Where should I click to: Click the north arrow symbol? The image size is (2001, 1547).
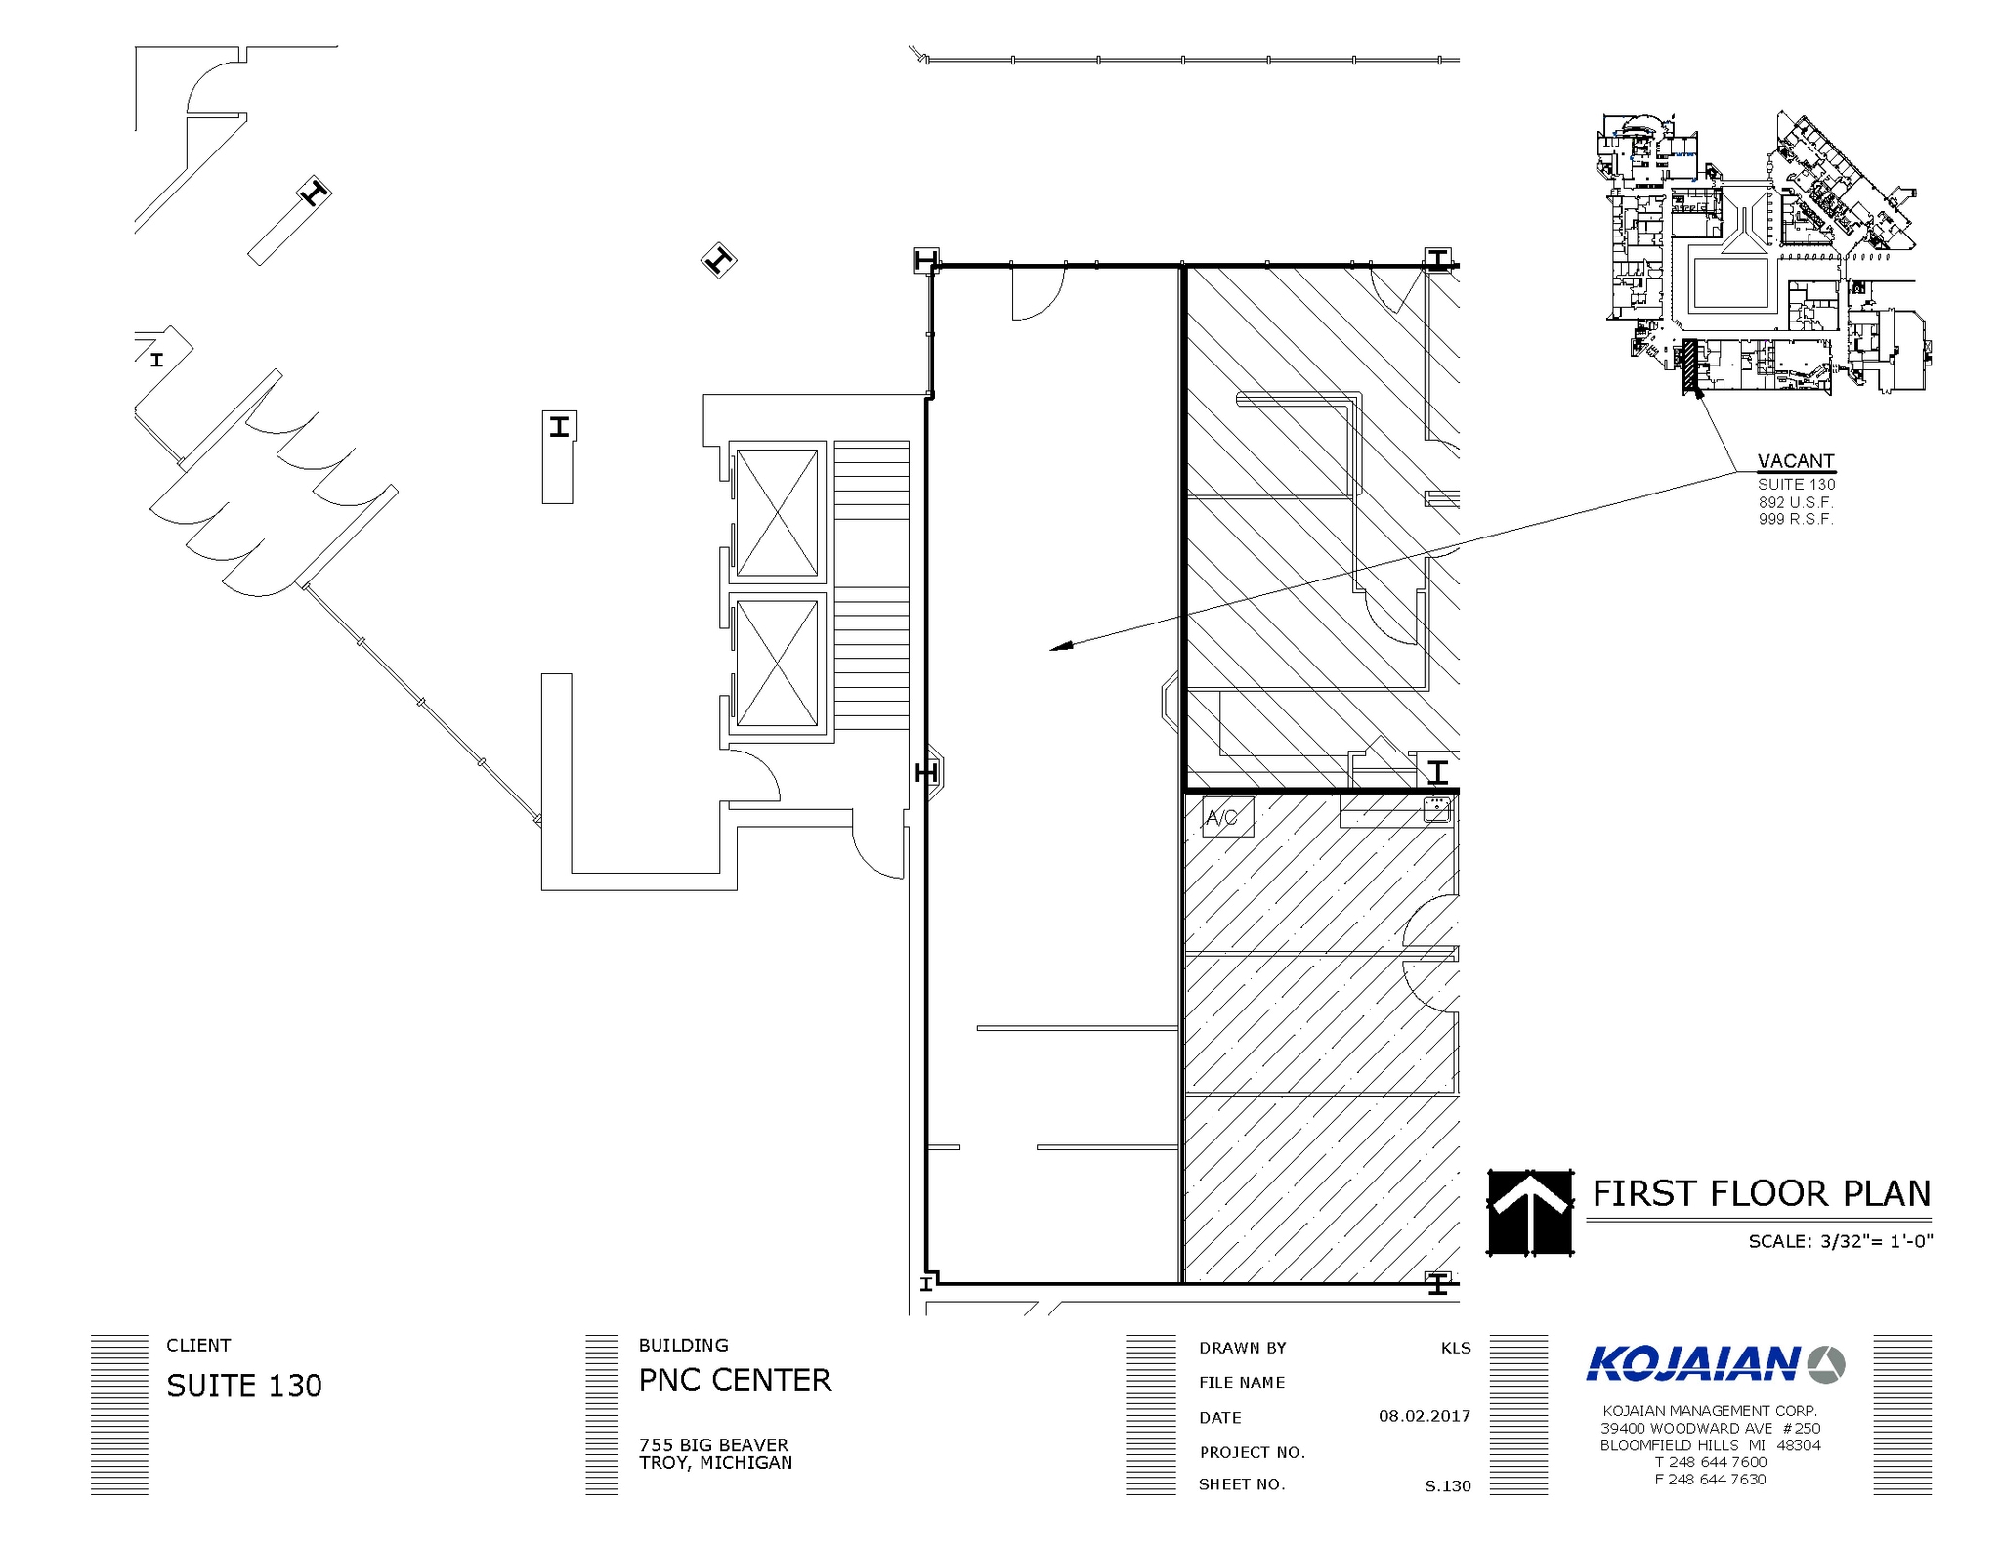click(x=1530, y=1212)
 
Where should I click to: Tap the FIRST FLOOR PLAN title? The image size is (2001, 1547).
click(x=1762, y=1193)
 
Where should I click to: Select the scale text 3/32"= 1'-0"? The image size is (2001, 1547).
click(x=1876, y=1241)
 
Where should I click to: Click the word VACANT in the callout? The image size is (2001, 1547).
click(x=1796, y=461)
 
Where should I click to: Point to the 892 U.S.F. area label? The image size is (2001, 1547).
click(x=1796, y=502)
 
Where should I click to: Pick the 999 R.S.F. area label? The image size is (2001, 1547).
click(x=1796, y=519)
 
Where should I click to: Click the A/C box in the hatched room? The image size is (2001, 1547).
click(x=1227, y=818)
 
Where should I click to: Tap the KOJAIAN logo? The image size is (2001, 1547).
click(x=1716, y=1363)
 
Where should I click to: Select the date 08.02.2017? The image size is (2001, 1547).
click(x=1425, y=1416)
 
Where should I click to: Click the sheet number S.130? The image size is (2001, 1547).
click(x=1448, y=1486)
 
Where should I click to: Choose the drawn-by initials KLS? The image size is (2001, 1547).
click(x=1456, y=1348)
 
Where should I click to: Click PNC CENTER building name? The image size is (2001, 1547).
click(x=735, y=1380)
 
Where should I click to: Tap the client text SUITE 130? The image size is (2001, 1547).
click(x=244, y=1386)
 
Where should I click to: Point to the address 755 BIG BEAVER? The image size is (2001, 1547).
click(x=713, y=1444)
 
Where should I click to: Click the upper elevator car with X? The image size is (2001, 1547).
click(x=777, y=513)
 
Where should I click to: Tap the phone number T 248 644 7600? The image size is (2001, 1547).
click(x=1710, y=1462)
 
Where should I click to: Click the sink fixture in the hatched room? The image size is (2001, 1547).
click(x=1437, y=809)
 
